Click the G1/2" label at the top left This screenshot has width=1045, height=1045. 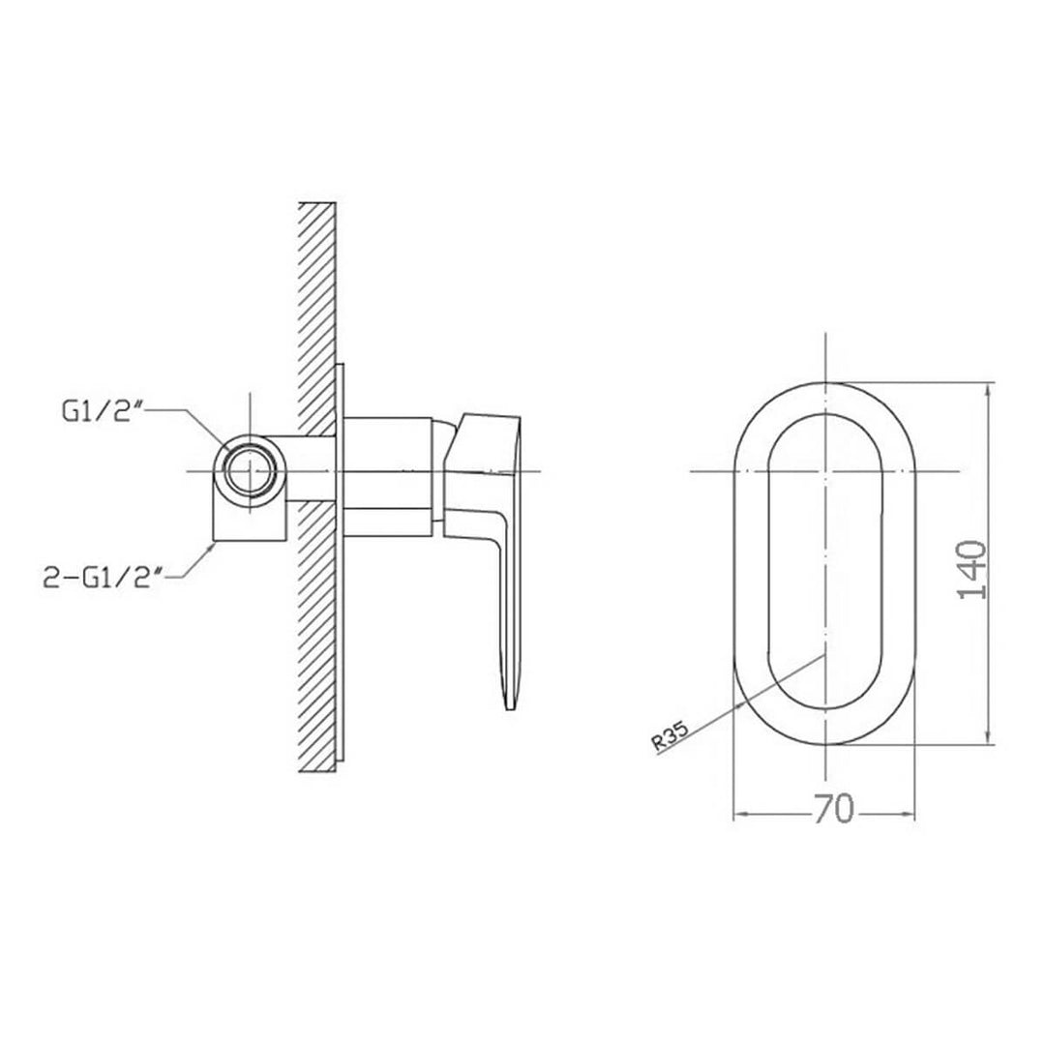[102, 413]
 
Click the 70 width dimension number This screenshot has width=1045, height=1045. [833, 809]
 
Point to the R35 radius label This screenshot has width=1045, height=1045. [670, 739]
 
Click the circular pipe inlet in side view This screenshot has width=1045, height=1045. [251, 470]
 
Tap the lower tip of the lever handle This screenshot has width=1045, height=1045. [507, 709]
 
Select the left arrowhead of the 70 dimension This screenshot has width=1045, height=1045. [739, 813]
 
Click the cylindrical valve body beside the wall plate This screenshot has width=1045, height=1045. [387, 474]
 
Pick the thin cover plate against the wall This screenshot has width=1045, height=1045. [340, 561]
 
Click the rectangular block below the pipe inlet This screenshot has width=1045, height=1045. [251, 522]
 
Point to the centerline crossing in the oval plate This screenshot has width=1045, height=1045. [823, 471]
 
